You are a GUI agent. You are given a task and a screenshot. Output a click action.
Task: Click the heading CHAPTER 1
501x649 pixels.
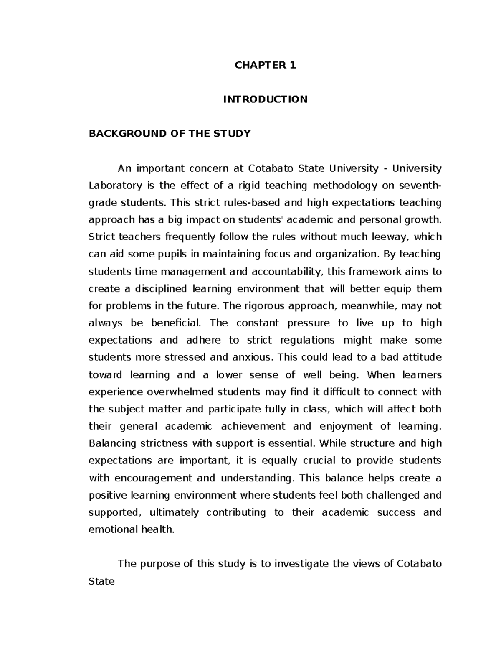pos(265,65)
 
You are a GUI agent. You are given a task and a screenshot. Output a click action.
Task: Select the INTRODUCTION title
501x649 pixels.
pos(265,99)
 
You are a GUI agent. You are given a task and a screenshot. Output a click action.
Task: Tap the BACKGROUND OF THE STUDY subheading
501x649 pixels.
pos(170,134)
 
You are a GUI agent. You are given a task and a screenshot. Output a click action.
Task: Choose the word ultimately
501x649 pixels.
pos(174,512)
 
